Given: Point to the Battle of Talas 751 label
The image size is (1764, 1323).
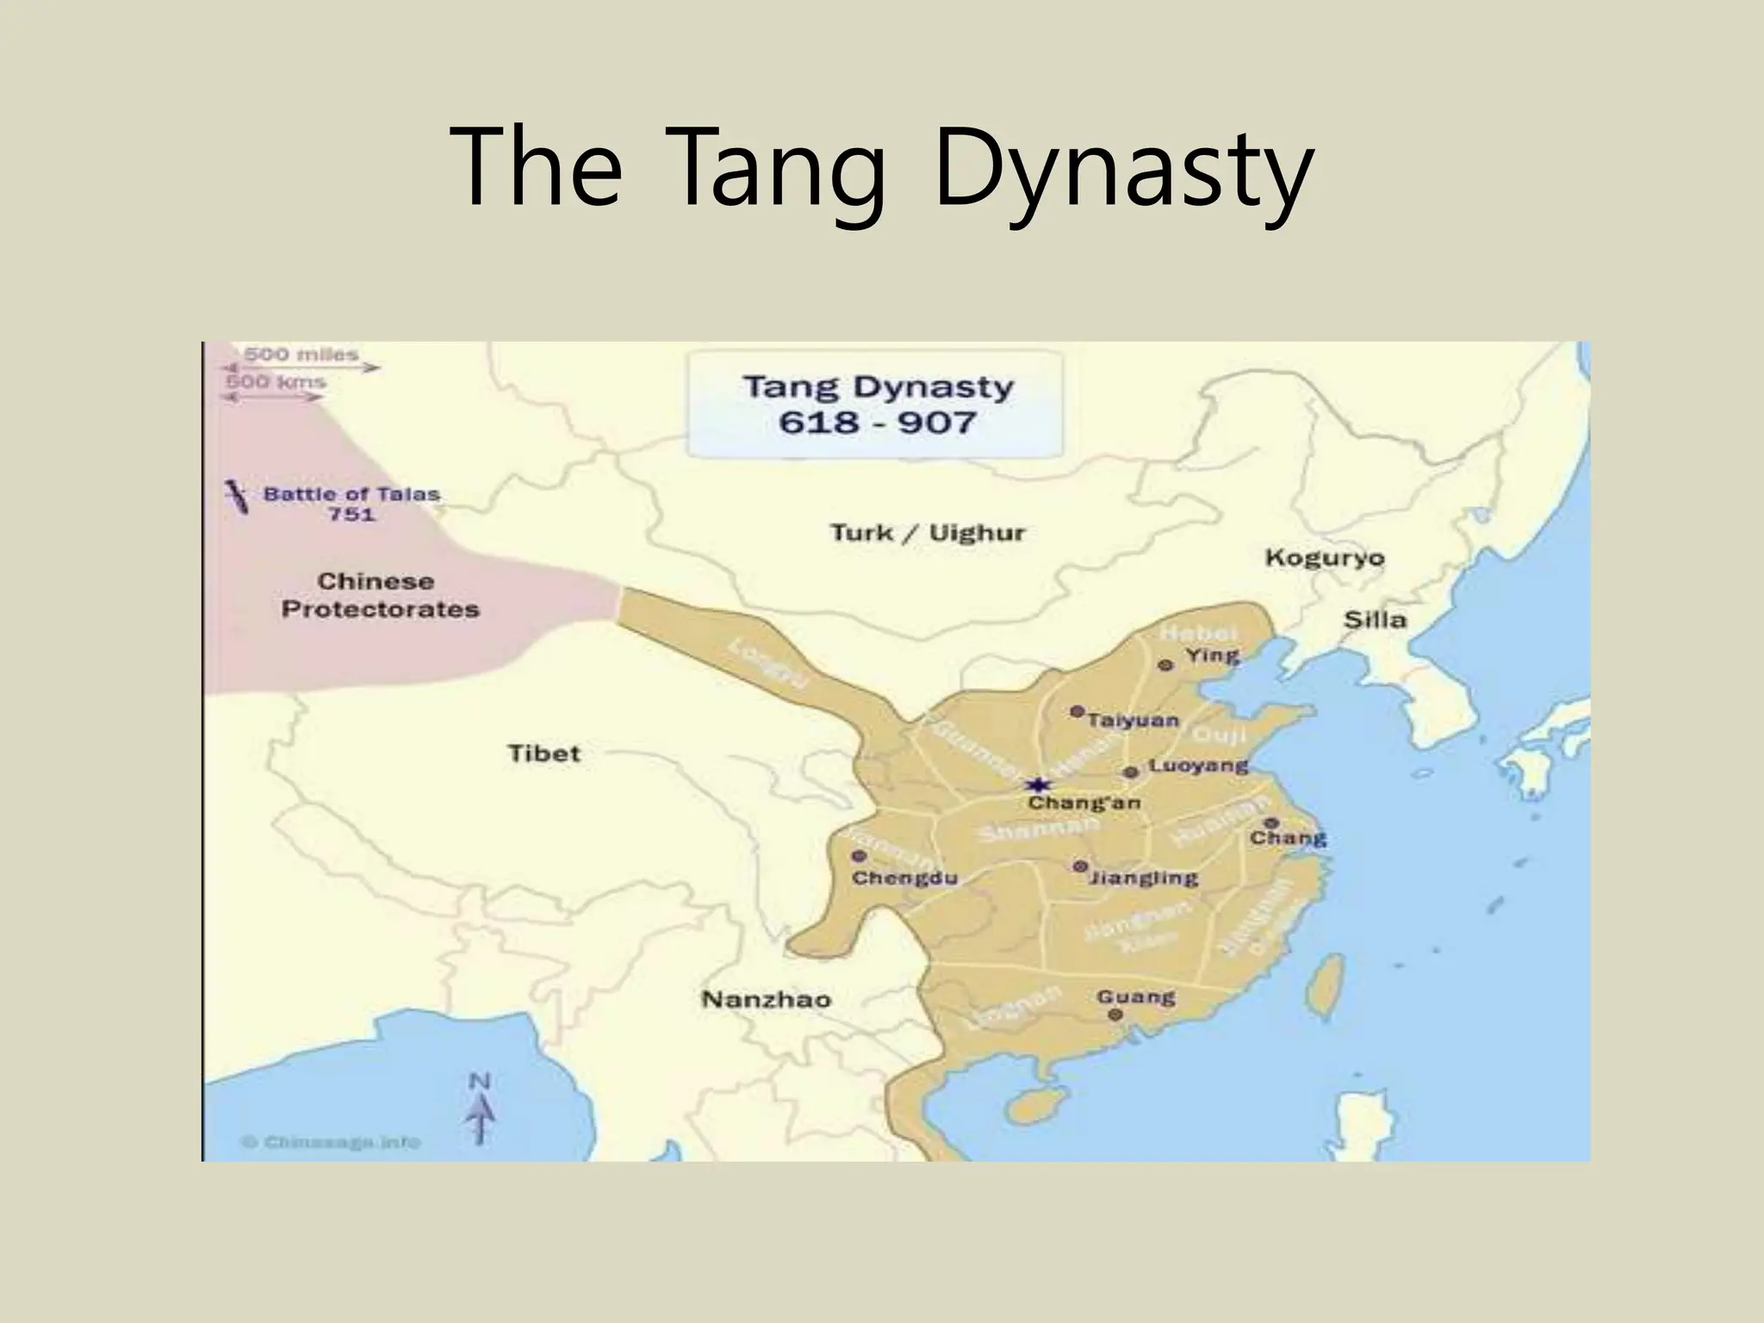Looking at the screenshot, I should [351, 504].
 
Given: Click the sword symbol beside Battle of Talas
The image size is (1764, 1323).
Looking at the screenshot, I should [235, 497].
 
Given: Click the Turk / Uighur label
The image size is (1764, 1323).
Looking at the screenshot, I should [928, 532].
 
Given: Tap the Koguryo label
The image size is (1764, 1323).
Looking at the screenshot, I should [1325, 558].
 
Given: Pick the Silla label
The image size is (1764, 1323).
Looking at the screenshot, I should [1375, 619].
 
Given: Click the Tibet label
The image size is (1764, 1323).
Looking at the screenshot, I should [543, 754].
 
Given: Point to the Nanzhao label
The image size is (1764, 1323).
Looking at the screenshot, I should [766, 1000].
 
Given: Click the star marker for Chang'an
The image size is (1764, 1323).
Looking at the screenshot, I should [1039, 785].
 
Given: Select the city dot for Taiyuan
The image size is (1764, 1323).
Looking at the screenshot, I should [1077, 711].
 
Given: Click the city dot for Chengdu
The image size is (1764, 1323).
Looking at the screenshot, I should [858, 856].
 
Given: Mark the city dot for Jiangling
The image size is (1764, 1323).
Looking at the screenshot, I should [1080, 866].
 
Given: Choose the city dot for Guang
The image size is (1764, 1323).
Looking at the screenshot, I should [1116, 1015].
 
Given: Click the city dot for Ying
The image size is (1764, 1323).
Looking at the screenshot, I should [1165, 665].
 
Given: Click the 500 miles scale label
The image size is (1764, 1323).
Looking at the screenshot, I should [301, 354].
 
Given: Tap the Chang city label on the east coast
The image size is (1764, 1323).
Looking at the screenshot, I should [1288, 838].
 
